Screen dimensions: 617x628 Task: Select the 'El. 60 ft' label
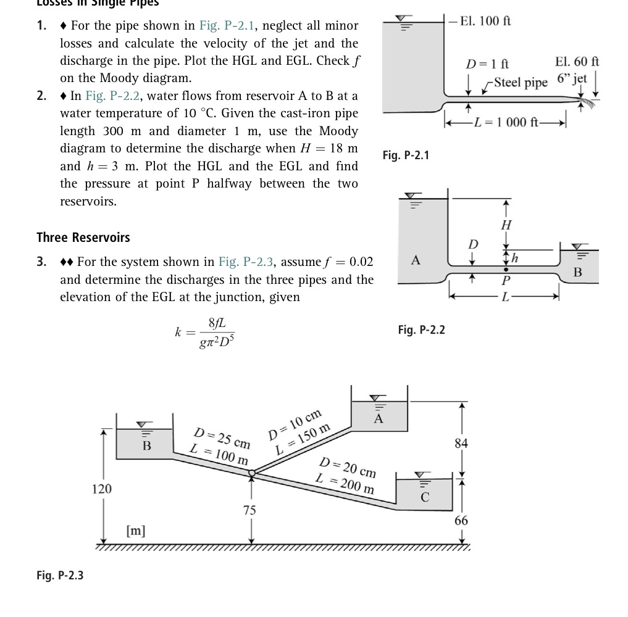pyautogui.click(x=577, y=62)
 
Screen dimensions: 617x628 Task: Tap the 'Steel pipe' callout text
pyautogui.click(x=521, y=82)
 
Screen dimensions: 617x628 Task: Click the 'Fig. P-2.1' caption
pyautogui.click(x=405, y=155)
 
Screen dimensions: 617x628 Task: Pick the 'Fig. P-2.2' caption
pyautogui.click(x=422, y=330)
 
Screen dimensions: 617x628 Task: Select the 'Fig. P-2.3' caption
pyautogui.click(x=60, y=575)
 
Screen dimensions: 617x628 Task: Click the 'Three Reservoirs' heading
pyautogui.click(x=83, y=238)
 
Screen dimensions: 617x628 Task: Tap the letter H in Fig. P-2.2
pyautogui.click(x=506, y=225)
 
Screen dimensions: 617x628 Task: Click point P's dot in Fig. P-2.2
pyautogui.click(x=506, y=270)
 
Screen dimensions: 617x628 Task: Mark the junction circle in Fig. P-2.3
pyautogui.click(x=252, y=473)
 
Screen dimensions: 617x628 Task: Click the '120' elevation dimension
pyautogui.click(x=102, y=489)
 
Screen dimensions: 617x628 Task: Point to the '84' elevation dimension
pyautogui.click(x=461, y=443)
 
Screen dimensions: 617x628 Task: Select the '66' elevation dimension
pyautogui.click(x=461, y=521)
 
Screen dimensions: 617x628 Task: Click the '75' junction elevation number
pyautogui.click(x=249, y=510)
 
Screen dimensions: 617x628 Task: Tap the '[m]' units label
pyautogui.click(x=136, y=530)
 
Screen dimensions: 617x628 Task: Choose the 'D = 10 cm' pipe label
pyautogui.click(x=296, y=424)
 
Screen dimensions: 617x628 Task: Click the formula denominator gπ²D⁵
pyautogui.click(x=217, y=341)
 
